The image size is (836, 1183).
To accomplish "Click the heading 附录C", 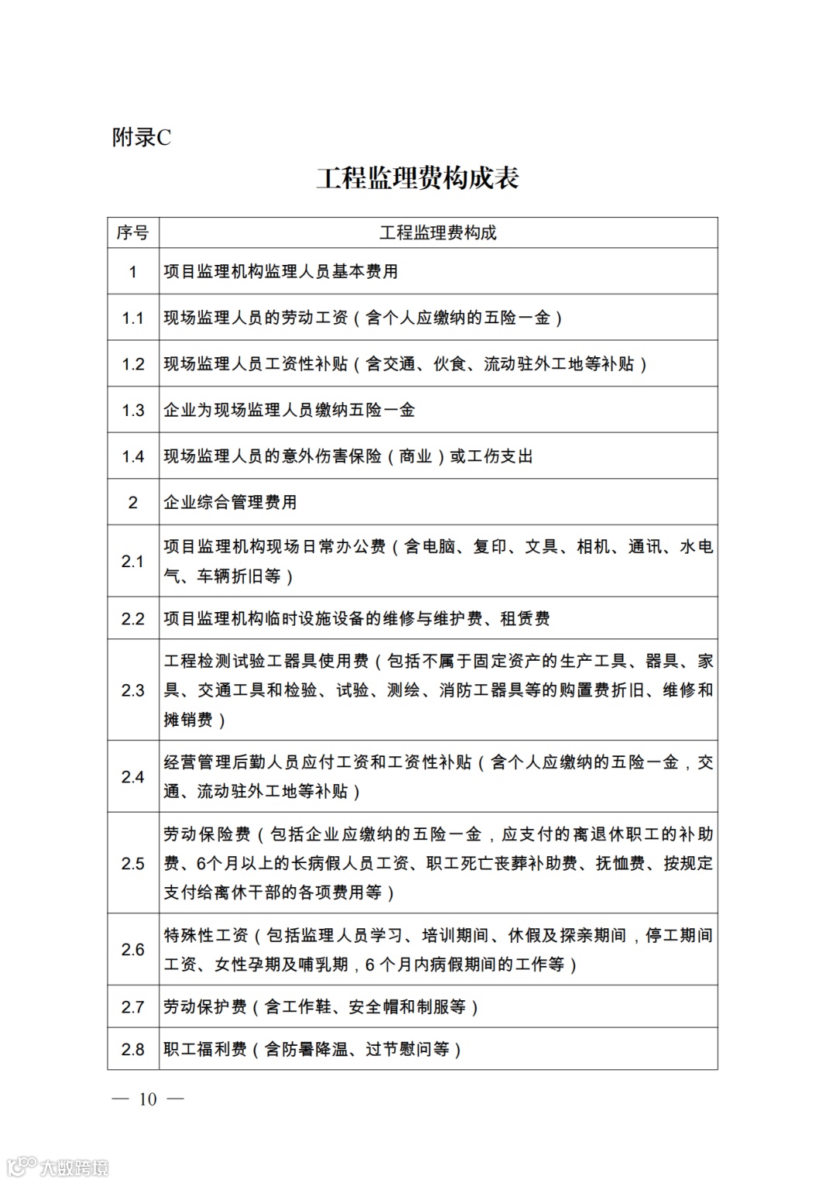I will click(x=142, y=138).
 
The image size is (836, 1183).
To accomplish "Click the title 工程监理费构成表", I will click(x=417, y=178).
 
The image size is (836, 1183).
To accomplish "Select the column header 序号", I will click(x=132, y=232).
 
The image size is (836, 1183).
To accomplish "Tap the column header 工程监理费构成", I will click(x=438, y=232).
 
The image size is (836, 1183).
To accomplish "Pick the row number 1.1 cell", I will click(x=132, y=318).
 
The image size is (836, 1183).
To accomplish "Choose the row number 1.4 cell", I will click(x=132, y=456).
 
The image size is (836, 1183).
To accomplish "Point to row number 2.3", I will click(x=132, y=690).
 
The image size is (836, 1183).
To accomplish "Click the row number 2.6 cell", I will click(x=132, y=949).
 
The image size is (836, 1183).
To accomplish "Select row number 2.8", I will click(x=132, y=1049).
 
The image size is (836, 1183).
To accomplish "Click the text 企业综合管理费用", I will click(x=231, y=502).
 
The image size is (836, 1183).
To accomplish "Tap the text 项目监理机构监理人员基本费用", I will click(x=281, y=272).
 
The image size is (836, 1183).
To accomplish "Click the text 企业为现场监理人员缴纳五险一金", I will click(x=290, y=410).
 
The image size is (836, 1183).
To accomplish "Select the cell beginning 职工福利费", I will click(x=313, y=1049).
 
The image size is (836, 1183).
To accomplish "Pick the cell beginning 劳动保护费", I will click(x=322, y=1006).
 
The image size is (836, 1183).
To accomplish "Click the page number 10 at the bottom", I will click(x=148, y=1099).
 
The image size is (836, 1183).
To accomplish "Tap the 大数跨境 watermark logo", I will click(x=57, y=1167).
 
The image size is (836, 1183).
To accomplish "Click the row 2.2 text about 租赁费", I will click(x=357, y=618).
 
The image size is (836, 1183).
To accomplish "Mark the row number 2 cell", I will click(x=132, y=502).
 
